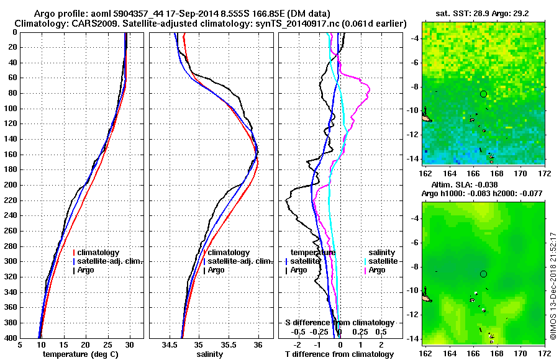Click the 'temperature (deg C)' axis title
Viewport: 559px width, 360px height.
coord(81,354)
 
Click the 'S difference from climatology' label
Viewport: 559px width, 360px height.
coord(340,323)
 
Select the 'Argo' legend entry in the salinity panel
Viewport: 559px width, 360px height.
coord(216,270)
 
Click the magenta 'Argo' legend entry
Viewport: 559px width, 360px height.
coord(377,270)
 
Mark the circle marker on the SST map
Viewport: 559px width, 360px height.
coord(484,94)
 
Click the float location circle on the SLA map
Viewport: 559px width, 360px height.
coord(484,274)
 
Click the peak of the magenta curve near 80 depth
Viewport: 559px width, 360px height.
coord(369,91)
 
